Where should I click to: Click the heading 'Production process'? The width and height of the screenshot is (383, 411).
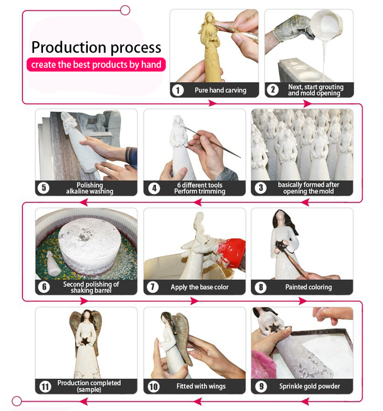point(96,48)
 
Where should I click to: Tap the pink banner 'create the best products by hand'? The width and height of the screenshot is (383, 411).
point(96,64)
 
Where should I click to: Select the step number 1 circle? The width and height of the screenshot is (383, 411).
point(178,90)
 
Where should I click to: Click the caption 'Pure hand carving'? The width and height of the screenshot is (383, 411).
point(221,90)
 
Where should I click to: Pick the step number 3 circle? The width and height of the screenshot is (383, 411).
point(260,188)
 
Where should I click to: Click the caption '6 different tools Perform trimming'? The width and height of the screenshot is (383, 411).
point(200,188)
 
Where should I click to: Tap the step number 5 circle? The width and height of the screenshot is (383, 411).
point(44,188)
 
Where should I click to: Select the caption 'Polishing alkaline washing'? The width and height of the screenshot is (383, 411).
point(90,188)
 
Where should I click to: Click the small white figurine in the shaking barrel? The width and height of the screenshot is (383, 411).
point(53,263)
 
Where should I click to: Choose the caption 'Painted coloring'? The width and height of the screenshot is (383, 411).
point(309,287)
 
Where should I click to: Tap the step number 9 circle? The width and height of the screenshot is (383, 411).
point(261,386)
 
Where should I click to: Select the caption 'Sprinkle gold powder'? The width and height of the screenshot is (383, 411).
point(309,386)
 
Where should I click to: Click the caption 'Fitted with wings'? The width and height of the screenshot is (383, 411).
point(201,386)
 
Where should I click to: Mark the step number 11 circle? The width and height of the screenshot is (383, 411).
point(45,387)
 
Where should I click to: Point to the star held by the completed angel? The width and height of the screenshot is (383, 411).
point(85,341)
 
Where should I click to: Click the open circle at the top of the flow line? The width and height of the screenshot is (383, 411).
point(125,10)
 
